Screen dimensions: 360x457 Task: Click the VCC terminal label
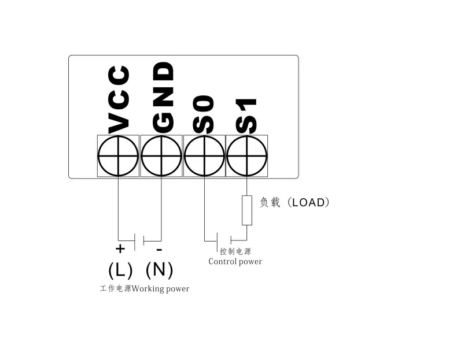tap(119, 99)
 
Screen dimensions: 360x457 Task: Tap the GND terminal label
tap(163, 97)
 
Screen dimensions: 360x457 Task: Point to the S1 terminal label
tap(246, 116)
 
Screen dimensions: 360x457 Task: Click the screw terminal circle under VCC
tap(119, 156)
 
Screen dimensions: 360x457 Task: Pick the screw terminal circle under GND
tap(161, 156)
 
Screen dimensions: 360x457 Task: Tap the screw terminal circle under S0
tap(204, 156)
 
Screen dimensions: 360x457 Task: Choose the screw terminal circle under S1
tap(247, 156)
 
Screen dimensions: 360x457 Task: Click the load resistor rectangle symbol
tap(247, 210)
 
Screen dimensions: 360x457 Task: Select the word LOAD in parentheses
tap(310, 202)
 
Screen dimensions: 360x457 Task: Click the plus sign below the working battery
tap(120, 249)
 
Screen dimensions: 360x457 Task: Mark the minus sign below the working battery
tap(159, 250)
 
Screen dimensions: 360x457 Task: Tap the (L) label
tap(120, 269)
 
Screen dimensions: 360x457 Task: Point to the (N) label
tap(159, 269)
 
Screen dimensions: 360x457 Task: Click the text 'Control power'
tap(235, 262)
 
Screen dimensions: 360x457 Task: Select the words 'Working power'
tap(160, 288)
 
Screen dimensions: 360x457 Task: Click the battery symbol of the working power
tap(139, 240)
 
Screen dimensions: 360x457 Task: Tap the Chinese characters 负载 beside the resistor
tap(270, 202)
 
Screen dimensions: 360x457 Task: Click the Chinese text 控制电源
tap(235, 251)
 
